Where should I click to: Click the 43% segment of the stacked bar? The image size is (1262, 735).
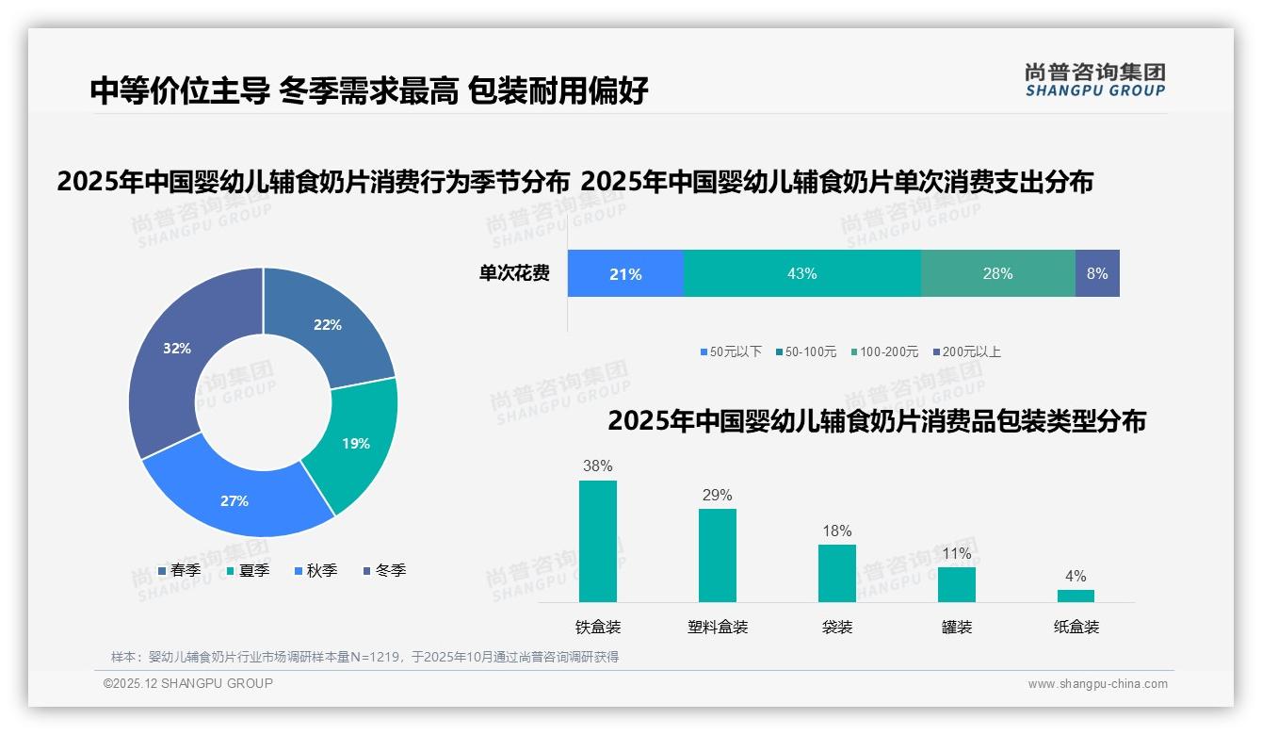801,273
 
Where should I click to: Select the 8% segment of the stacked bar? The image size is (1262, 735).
1097,273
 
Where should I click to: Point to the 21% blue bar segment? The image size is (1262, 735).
624,273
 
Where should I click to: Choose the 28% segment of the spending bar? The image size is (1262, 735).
997,273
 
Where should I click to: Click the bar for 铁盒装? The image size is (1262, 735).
598,541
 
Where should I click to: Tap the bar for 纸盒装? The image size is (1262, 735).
1076,596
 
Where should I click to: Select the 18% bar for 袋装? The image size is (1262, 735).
836,573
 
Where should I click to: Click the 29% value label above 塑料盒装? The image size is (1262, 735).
717,496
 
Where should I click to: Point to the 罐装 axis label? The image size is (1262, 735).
957,627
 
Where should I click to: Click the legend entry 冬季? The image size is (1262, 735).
390,570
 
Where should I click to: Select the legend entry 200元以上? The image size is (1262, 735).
971,351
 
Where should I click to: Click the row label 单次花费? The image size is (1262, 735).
514,273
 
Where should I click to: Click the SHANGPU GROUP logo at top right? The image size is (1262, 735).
1095,80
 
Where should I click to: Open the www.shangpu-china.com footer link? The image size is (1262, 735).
1097,684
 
